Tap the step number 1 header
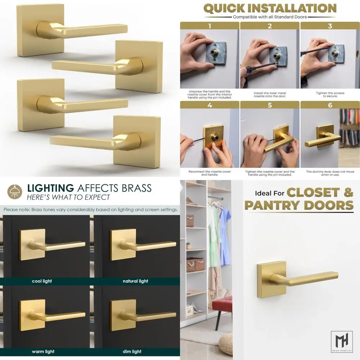pyautogui.click(x=210, y=26)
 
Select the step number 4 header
pyautogui.click(x=210, y=105)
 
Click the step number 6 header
pyautogui.click(x=330, y=105)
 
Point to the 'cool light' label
pyautogui.click(x=42, y=281)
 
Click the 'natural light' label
pyautogui.click(x=135, y=281)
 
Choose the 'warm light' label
pyautogui.click(x=43, y=351)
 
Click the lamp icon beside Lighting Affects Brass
pyautogui.click(x=15, y=192)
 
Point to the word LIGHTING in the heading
pyautogui.click(x=50, y=188)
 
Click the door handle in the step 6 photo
pyautogui.click(x=323, y=138)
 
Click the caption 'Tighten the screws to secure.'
pyautogui.click(x=330, y=95)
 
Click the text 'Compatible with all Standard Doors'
pyautogui.click(x=270, y=17)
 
